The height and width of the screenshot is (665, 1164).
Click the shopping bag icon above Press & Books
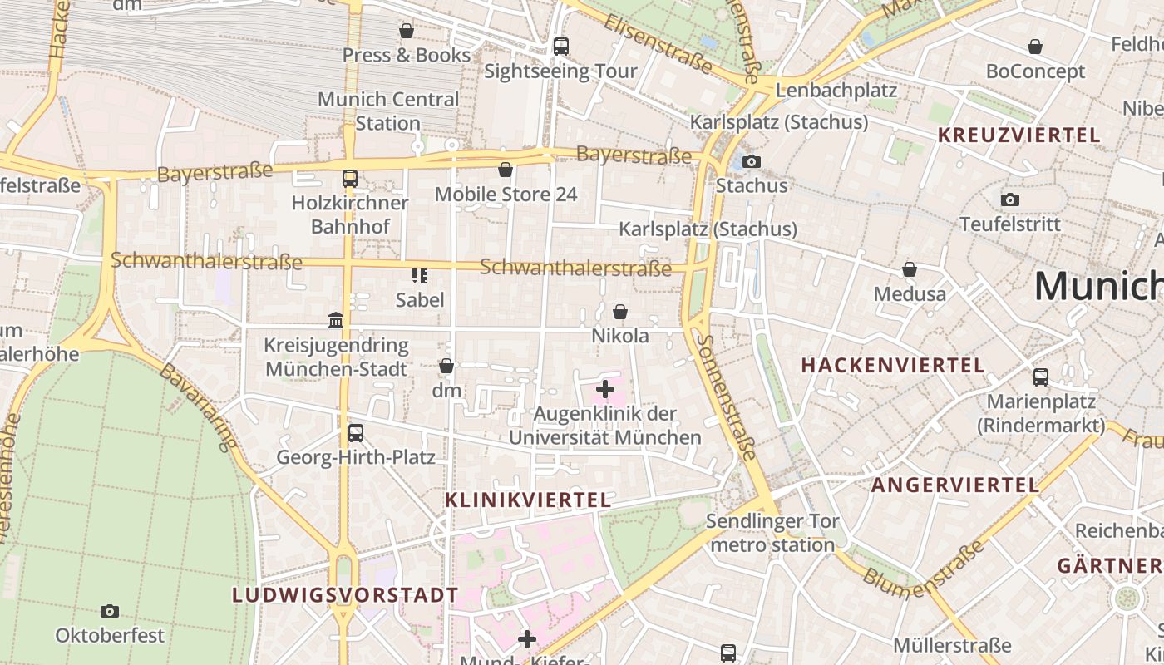[x=407, y=31]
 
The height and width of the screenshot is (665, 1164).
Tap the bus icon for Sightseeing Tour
[x=561, y=47]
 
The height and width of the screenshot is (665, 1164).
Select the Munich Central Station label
[x=388, y=111]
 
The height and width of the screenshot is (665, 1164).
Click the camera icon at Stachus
[x=752, y=161]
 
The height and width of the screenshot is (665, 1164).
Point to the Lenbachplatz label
[x=836, y=90]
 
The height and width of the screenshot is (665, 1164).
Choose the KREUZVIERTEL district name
[x=1018, y=135]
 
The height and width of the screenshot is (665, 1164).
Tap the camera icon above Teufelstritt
[x=1010, y=199]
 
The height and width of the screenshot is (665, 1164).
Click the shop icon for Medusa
[x=910, y=269]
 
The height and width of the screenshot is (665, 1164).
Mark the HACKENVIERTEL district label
[x=893, y=365]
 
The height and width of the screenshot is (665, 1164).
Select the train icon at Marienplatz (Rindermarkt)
[x=1041, y=377]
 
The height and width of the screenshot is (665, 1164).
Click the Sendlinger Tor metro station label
[x=772, y=534]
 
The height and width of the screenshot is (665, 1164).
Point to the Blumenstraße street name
[x=923, y=571]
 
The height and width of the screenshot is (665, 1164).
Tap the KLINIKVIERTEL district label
[x=528, y=500]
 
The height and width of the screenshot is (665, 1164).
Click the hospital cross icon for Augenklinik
[x=605, y=388]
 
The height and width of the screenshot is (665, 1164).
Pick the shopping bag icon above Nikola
[x=620, y=312]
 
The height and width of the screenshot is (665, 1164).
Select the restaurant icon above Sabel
[x=420, y=275]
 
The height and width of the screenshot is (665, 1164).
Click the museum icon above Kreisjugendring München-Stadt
[x=336, y=320]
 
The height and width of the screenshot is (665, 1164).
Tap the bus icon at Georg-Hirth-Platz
[x=356, y=432]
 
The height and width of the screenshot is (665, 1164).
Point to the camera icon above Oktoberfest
[x=110, y=611]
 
